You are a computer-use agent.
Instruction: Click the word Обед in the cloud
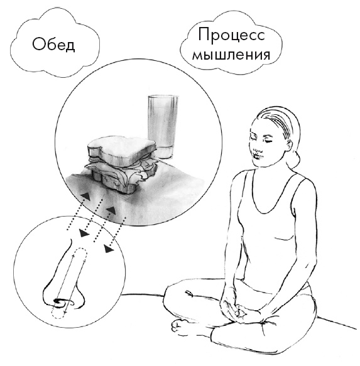pyautogui.click(x=53, y=45)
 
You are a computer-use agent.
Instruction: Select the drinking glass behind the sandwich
pyautogui.click(x=163, y=126)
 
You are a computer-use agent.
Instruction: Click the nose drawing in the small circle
pyautogui.click(x=63, y=276)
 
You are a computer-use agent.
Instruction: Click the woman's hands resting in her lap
pyautogui.click(x=242, y=307)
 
